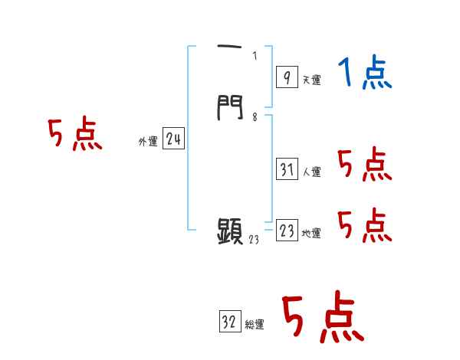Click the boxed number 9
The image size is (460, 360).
pyautogui.click(x=286, y=77)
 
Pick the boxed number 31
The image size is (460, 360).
pyautogui.click(x=287, y=169)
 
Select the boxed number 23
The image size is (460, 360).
pyautogui.click(x=287, y=231)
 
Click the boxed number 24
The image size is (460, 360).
pyautogui.click(x=174, y=139)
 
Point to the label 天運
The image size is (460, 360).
pyautogui.click(x=312, y=80)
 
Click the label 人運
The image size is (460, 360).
pyautogui.click(x=312, y=172)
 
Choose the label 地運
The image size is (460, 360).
pyautogui.click(x=312, y=234)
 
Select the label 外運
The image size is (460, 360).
pyautogui.click(x=148, y=142)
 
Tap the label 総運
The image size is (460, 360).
pyautogui.click(x=255, y=326)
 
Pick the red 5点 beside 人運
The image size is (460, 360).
pyautogui.click(x=364, y=165)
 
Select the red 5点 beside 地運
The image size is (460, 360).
pyautogui.click(x=364, y=226)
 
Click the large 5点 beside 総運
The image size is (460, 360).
pyautogui.click(x=322, y=318)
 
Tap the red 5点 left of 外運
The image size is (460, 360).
pyautogui.click(x=74, y=135)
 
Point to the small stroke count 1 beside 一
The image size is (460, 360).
pyautogui.click(x=254, y=55)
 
